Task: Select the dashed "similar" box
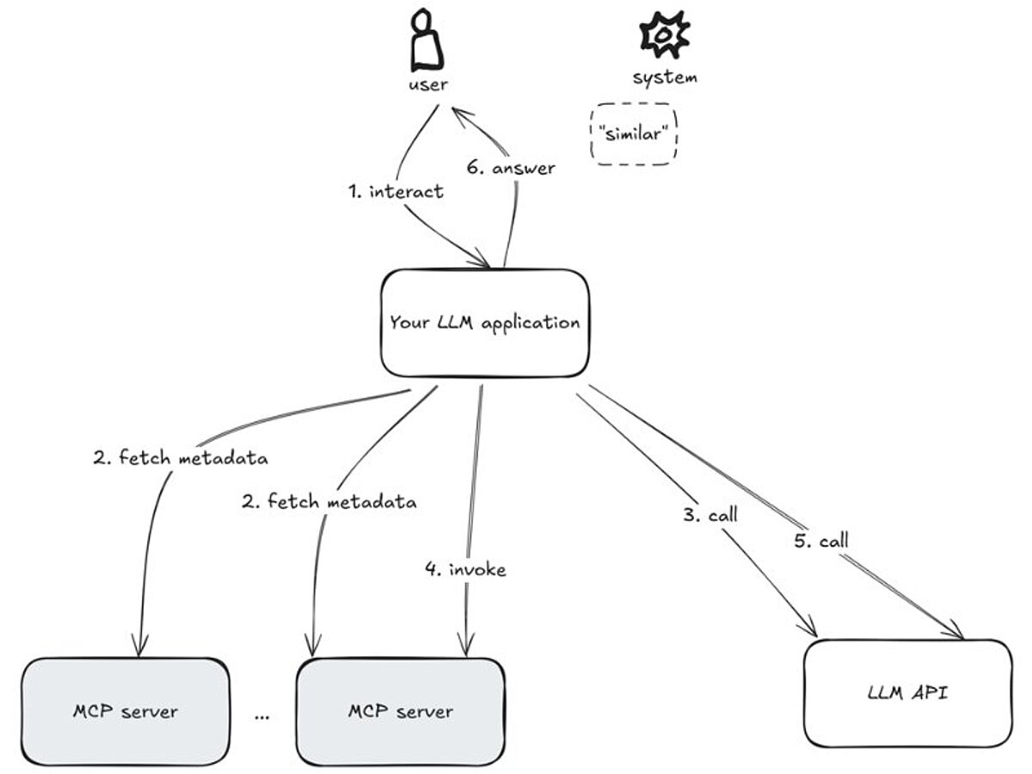tap(634, 134)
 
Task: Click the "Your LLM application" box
tap(484, 323)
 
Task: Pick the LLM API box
tap(907, 692)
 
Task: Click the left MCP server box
tap(126, 711)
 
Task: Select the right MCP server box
tap(400, 711)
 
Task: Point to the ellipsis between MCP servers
tap(262, 715)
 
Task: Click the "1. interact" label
tap(396, 191)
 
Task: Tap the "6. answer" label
tap(511, 169)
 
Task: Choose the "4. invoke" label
tap(465, 568)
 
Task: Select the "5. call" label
tap(820, 541)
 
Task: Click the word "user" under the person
tap(428, 84)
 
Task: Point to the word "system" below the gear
tap(665, 77)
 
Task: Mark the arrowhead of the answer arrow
tap(457, 113)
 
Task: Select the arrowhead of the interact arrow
tap(483, 261)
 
